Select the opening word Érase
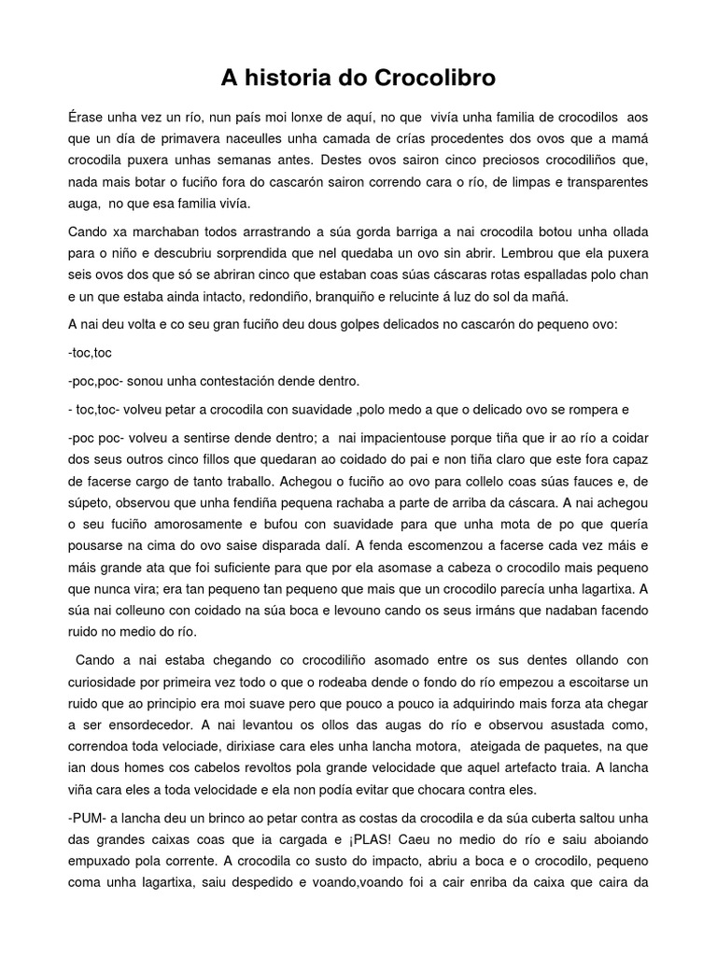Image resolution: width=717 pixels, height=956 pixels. [89, 117]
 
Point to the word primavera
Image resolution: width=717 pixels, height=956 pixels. [181, 138]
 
